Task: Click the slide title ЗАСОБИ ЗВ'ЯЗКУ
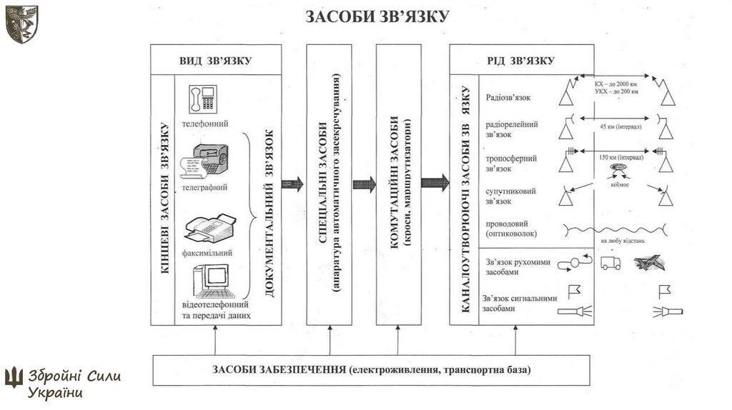[377, 16]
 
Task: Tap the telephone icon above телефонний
[202, 99]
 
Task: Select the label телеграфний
[204, 188]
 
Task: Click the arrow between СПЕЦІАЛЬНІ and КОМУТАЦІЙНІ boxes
[364, 184]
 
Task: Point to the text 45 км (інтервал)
[617, 127]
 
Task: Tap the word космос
[618, 181]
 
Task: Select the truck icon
[610, 263]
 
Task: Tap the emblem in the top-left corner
[21, 24]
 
